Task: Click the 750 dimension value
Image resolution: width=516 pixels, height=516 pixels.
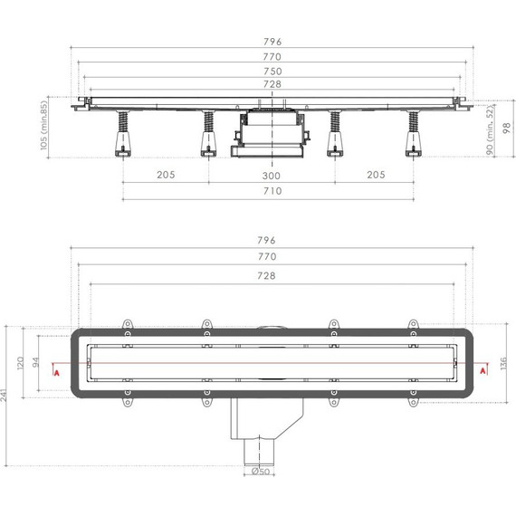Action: coord(272,71)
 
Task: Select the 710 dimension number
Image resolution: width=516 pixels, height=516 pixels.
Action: coord(272,191)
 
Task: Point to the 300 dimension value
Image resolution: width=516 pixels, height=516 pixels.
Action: coord(272,175)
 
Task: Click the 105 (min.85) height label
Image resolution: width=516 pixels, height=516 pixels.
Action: coord(44,128)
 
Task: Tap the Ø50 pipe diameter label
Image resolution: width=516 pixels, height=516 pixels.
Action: coord(258,472)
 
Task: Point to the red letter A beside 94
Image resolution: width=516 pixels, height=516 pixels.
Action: coord(58,371)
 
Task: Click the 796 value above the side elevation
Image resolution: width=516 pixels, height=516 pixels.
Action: coord(272,40)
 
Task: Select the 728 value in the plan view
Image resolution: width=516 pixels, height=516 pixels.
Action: coord(272,275)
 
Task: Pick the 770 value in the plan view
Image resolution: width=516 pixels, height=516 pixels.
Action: coord(272,258)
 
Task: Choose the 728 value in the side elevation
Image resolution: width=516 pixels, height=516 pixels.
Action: coord(272,84)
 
